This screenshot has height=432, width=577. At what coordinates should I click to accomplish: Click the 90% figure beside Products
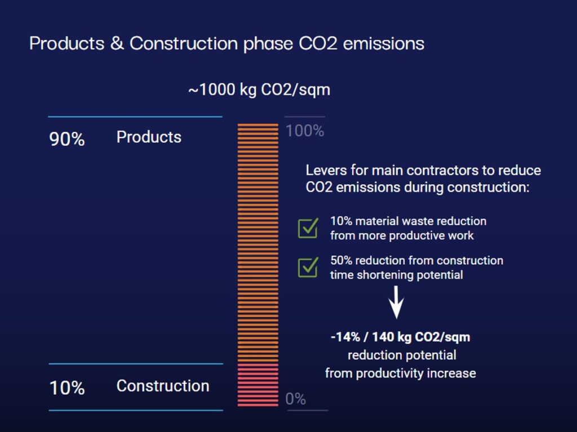(67, 139)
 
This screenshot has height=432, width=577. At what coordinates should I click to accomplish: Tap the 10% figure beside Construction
(67, 388)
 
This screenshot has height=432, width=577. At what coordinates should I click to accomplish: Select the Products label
(149, 137)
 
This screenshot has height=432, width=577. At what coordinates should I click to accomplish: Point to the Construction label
(163, 386)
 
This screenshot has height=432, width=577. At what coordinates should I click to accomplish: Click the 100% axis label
(304, 131)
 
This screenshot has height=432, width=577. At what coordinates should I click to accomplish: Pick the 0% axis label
(295, 399)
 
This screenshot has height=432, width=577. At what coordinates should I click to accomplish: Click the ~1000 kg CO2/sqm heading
(259, 90)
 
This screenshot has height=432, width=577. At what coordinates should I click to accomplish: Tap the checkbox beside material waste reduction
(308, 228)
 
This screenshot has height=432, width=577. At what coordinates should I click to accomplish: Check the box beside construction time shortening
(308, 267)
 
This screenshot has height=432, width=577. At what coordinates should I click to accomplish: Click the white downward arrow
(397, 302)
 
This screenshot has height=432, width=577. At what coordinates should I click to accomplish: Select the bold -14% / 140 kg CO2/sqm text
(400, 337)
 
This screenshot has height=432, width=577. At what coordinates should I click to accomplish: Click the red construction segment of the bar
(258, 385)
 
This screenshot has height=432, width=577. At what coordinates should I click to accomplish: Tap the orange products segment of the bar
(258, 243)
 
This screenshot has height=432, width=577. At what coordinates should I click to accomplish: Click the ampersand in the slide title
(117, 43)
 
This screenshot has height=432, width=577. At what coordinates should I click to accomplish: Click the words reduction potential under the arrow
(402, 355)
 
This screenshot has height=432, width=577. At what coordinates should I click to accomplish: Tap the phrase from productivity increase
(400, 373)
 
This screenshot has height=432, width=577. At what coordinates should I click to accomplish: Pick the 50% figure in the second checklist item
(341, 261)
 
